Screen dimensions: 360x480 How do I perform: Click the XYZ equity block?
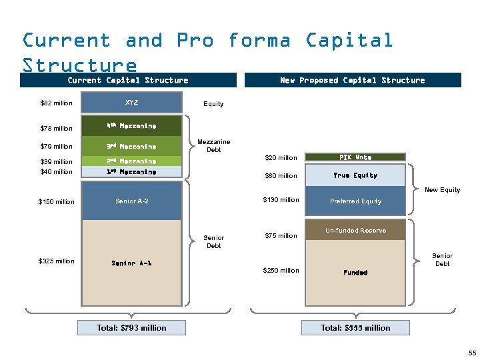pos(131,103)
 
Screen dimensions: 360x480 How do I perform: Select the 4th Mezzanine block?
pos(131,126)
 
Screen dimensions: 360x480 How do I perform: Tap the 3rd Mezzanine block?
pos(131,146)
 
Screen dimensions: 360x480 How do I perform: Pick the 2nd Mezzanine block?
pos(131,161)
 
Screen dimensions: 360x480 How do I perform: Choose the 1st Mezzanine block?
pos(131,171)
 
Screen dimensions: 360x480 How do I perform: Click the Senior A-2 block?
pos(131,200)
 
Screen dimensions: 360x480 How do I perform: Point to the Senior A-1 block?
pos(131,263)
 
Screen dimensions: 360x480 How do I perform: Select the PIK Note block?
pos(355,157)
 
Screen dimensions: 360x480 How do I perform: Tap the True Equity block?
pos(355,175)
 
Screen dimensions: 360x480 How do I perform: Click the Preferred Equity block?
pos(355,201)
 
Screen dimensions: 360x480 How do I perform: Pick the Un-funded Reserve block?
pos(355,230)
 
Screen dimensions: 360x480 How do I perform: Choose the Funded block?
pos(355,272)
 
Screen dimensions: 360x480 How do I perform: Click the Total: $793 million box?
pos(131,327)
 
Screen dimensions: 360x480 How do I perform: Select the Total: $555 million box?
pos(355,327)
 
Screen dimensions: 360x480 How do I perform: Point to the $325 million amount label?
pos(57,261)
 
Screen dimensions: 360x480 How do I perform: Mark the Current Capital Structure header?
pos(128,80)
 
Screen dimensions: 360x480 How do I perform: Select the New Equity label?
pos(442,190)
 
